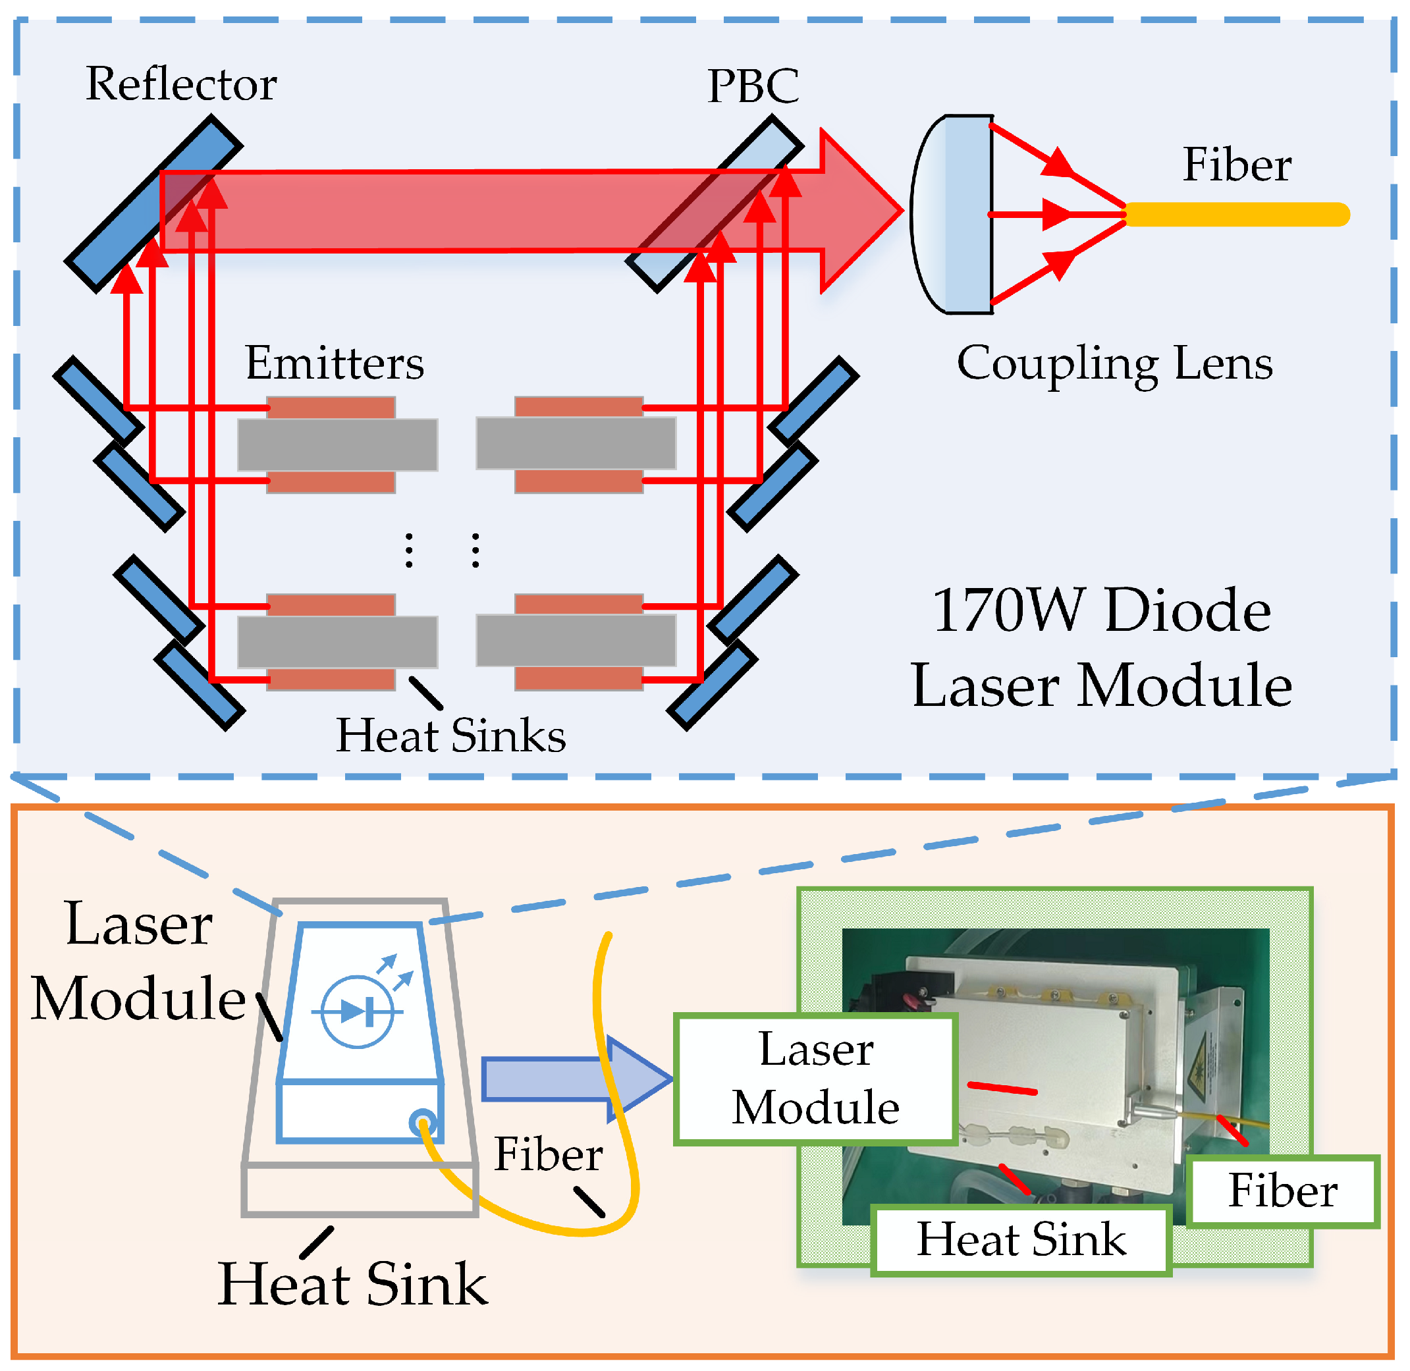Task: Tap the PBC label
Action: pyautogui.click(x=753, y=86)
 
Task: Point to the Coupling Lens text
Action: pyautogui.click(x=1114, y=363)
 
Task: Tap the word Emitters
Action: pyautogui.click(x=334, y=363)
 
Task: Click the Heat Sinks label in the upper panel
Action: pyautogui.click(x=451, y=736)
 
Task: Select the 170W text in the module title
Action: pyautogui.click(x=1008, y=610)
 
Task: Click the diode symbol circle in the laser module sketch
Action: pyautogui.click(x=357, y=1011)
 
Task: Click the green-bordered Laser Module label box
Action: pyautogui.click(x=815, y=1079)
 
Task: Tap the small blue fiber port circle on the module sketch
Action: pyautogui.click(x=422, y=1122)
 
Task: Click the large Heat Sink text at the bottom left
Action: pyautogui.click(x=352, y=1285)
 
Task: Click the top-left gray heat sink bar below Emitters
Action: pyautogui.click(x=337, y=445)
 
